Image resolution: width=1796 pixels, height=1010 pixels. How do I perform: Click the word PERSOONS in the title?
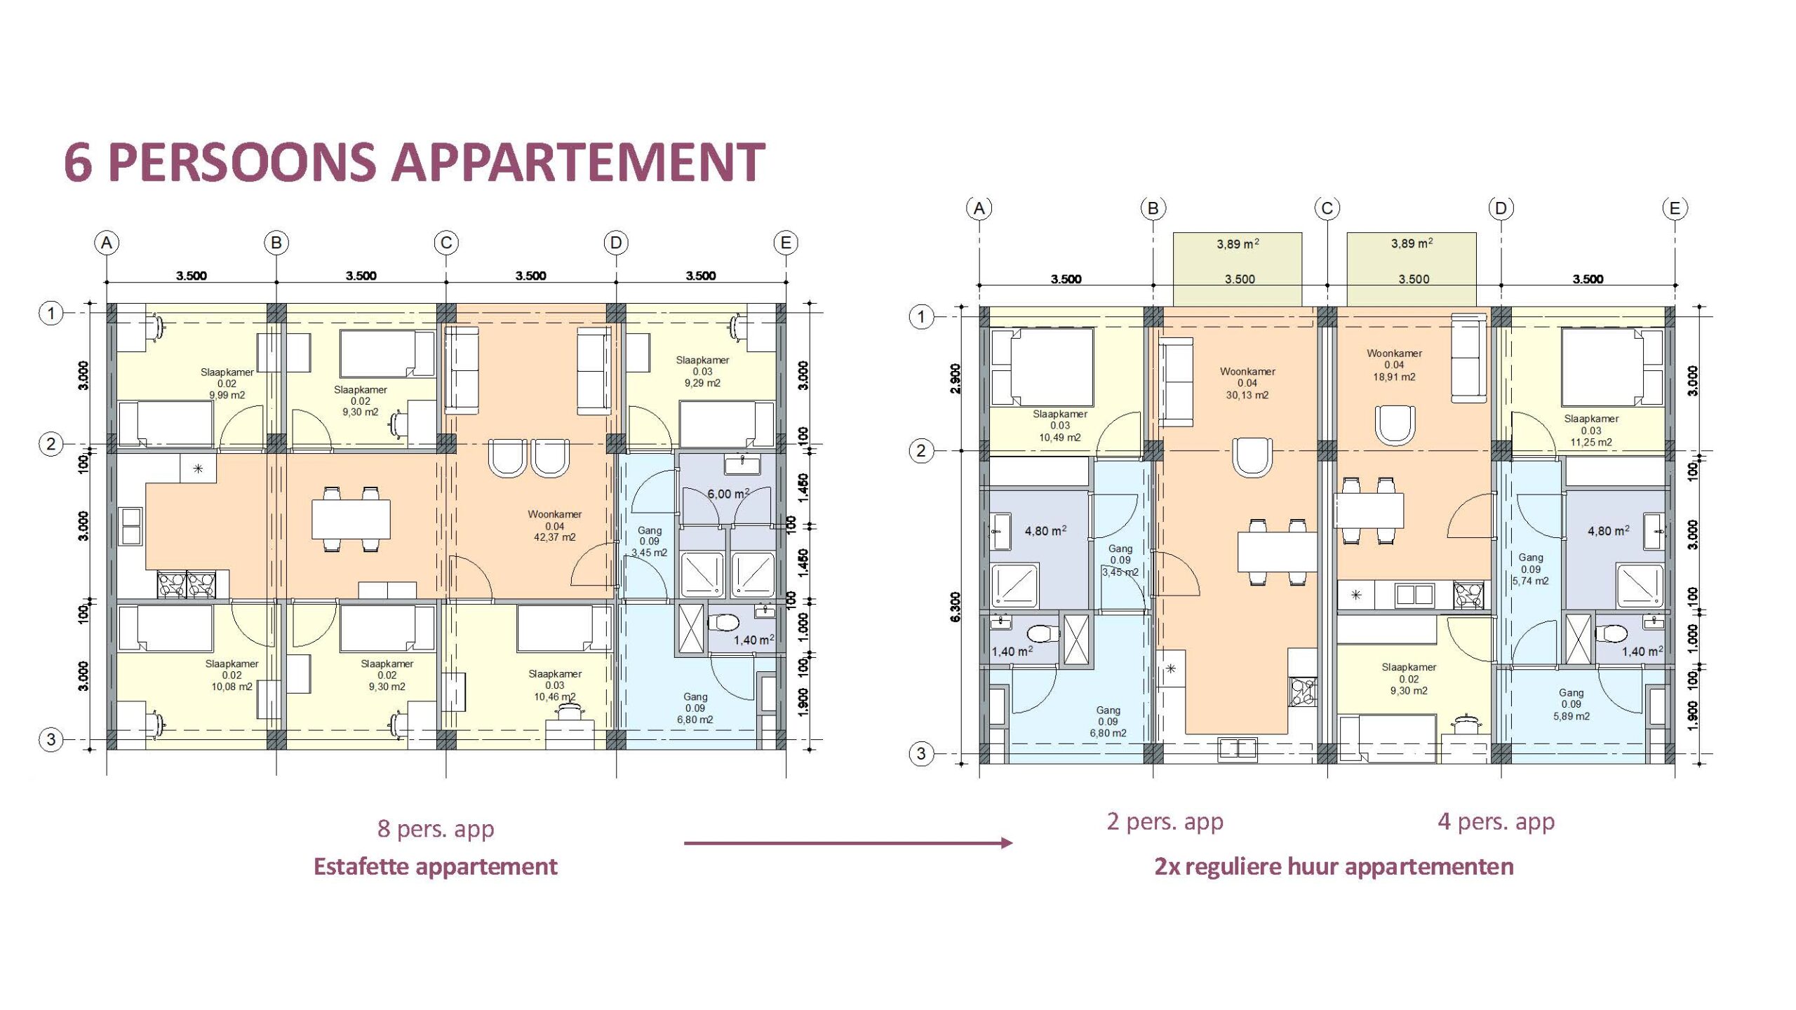242,162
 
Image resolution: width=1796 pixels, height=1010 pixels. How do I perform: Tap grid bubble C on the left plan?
446,243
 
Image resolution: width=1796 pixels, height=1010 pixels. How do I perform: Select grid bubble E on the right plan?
1675,208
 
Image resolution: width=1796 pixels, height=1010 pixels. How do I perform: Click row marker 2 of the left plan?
51,444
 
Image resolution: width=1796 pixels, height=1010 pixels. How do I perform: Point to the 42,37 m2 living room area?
554,537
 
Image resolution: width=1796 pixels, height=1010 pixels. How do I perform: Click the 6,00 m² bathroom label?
728,494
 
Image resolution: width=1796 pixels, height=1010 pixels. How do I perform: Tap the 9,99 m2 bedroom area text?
227,395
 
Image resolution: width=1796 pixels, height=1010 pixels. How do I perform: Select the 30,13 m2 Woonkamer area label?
1247,395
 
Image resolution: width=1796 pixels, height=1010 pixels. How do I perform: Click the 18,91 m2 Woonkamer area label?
1394,377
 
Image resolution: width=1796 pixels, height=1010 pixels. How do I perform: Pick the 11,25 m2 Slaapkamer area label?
1591,443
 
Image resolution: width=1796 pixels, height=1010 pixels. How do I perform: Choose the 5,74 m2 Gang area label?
1530,581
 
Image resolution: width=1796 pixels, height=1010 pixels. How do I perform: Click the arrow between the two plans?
848,842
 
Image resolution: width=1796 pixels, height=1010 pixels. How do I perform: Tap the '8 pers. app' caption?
436,828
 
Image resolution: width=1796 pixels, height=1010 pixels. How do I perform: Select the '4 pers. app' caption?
1496,821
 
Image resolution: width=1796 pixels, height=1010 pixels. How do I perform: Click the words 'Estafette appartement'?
435,866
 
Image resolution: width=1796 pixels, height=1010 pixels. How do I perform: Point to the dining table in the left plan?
351,519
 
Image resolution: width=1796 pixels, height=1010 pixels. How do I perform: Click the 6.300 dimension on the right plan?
955,607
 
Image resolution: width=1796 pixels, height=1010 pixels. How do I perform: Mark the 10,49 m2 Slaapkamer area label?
1059,438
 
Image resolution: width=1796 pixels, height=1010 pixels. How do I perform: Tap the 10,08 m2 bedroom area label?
232,687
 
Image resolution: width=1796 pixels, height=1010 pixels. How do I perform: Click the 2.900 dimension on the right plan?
955,379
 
